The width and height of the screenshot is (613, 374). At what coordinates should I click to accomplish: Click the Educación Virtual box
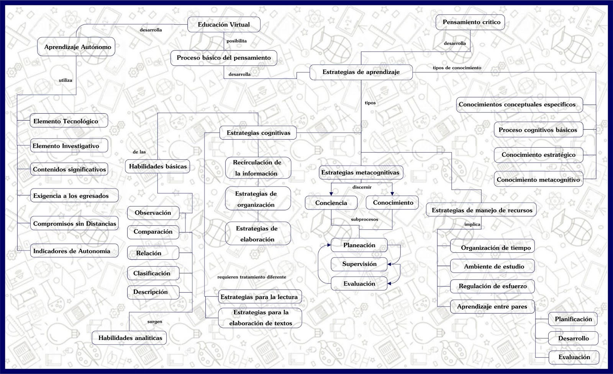click(224, 24)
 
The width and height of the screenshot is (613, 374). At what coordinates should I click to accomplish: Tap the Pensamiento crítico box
click(471, 22)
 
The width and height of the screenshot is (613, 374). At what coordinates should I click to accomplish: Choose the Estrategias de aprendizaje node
click(361, 72)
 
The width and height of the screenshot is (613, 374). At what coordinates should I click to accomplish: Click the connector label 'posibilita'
click(236, 41)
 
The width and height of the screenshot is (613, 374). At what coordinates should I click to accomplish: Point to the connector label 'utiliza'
click(66, 80)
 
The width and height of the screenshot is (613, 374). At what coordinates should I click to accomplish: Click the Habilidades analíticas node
click(129, 338)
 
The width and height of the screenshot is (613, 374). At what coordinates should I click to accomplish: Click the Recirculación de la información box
click(258, 168)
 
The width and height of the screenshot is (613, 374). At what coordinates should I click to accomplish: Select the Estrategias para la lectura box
click(259, 297)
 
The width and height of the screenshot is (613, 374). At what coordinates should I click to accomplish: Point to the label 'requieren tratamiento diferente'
click(251, 277)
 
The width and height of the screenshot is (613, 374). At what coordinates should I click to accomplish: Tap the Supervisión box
click(359, 264)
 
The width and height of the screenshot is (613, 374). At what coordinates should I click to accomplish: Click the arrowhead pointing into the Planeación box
click(328, 245)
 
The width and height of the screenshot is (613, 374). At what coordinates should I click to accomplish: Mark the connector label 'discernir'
click(362, 187)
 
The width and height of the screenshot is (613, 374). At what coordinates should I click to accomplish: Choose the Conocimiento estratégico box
click(538, 155)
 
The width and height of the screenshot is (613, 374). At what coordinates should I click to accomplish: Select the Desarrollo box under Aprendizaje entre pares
click(573, 338)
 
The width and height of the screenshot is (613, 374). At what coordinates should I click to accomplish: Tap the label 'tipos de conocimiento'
click(457, 68)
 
